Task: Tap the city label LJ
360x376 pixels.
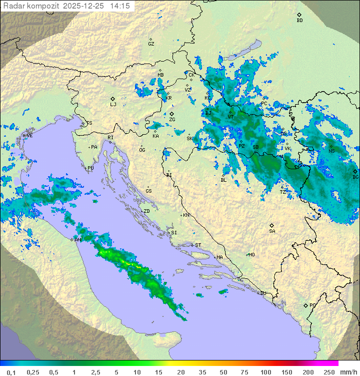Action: click(x=113, y=104)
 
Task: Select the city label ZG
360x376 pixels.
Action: click(x=172, y=119)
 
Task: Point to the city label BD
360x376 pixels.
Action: click(x=299, y=21)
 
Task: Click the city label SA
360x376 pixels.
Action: click(x=272, y=231)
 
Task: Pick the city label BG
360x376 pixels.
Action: click(x=355, y=177)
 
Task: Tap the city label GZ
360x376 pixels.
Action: click(x=151, y=44)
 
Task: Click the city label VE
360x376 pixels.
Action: click(x=29, y=136)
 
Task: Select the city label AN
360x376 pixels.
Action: click(x=77, y=240)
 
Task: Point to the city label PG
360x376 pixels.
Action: click(x=312, y=305)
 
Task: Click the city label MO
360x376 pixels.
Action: click(x=251, y=254)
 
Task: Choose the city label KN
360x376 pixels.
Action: click(x=186, y=215)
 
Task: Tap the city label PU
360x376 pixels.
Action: click(x=90, y=168)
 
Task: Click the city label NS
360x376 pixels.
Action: click(x=331, y=150)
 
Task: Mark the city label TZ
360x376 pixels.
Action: click(x=283, y=192)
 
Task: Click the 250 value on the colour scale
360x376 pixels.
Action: click(x=328, y=372)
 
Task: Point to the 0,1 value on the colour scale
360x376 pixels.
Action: click(x=11, y=372)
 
